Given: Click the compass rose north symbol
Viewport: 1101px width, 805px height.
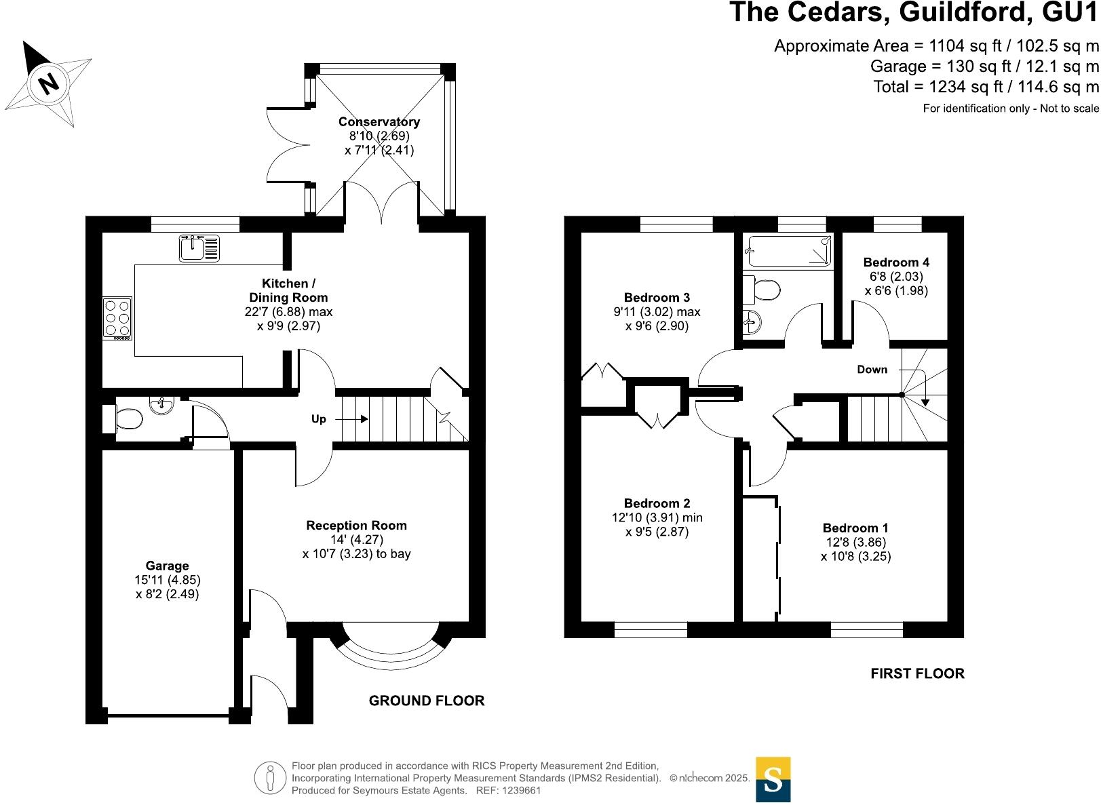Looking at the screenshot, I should (x=47, y=83).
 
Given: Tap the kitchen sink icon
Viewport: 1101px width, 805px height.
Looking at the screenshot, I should (x=199, y=248).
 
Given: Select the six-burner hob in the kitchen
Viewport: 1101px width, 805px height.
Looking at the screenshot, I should (x=117, y=318).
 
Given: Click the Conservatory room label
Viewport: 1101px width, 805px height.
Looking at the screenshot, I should (x=379, y=122).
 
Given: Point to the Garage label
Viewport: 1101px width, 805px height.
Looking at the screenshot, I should (x=167, y=566).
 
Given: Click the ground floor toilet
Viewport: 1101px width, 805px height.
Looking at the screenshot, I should (x=124, y=419).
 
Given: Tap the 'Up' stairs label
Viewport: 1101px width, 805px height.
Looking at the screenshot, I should (x=319, y=419).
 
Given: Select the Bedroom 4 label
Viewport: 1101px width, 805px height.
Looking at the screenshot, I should (x=896, y=262).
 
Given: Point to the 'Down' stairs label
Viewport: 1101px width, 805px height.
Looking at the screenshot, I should (x=872, y=370).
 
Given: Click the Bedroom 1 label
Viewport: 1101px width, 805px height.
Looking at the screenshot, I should (x=855, y=528).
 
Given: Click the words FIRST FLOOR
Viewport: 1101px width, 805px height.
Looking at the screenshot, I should (x=917, y=673).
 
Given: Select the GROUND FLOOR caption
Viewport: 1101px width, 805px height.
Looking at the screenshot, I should (x=427, y=701).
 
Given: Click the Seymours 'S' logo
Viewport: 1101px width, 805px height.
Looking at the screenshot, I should (x=773, y=779).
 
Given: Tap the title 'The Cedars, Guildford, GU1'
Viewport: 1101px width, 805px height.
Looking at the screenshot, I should (x=913, y=14).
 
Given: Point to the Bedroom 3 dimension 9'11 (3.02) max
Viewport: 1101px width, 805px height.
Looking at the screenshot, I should (x=657, y=312).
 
